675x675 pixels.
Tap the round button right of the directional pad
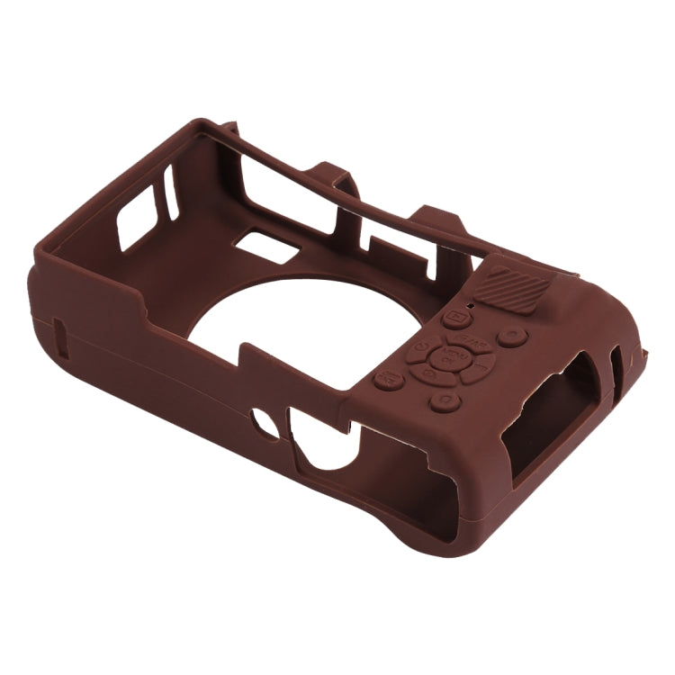pos(511,337)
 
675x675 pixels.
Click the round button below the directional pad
pos(444,400)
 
